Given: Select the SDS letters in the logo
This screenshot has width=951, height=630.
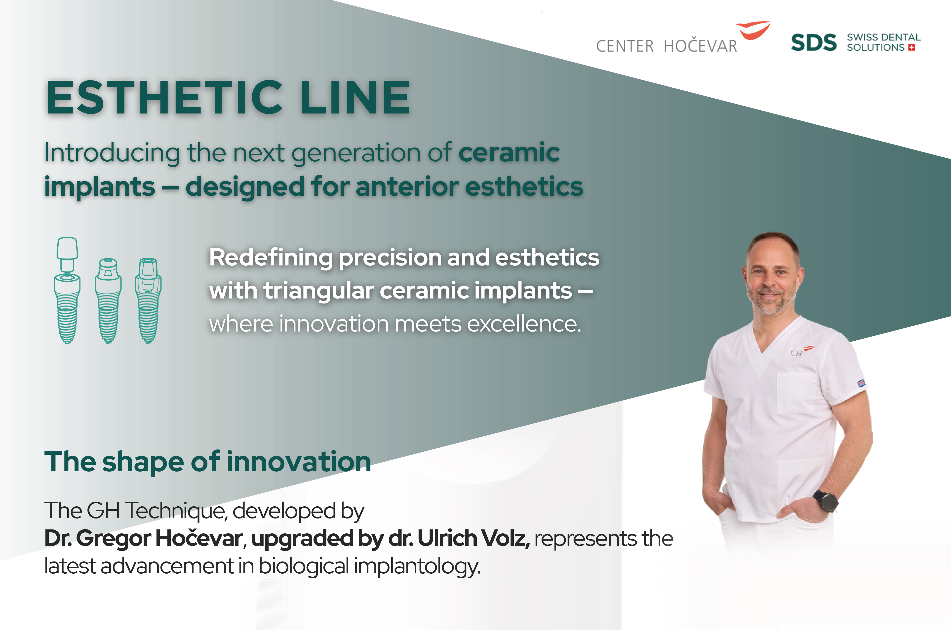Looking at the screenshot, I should [814, 43].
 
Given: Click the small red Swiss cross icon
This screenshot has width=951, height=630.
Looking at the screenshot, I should [911, 48].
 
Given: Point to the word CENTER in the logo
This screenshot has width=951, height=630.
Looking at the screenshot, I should [625, 46].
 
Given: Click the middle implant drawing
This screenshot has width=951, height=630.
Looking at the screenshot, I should [108, 300].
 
